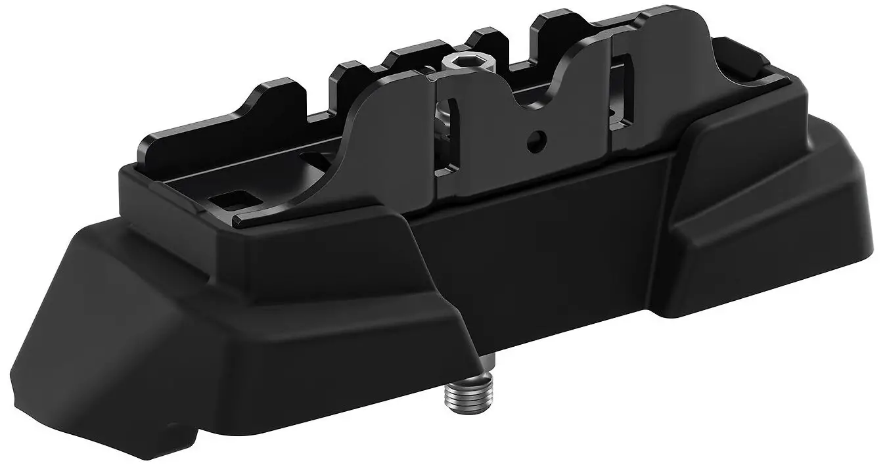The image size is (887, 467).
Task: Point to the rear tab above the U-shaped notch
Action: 558,26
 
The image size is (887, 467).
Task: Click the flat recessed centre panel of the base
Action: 539,250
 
